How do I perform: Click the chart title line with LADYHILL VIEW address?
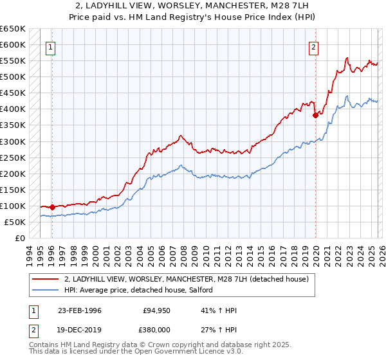coord(193,6)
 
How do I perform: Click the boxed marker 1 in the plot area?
coord(50,46)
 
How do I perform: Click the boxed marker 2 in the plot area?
coord(313,46)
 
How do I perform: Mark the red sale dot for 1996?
coord(53,207)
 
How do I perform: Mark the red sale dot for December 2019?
coord(315,116)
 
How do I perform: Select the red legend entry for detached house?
coord(187,279)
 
